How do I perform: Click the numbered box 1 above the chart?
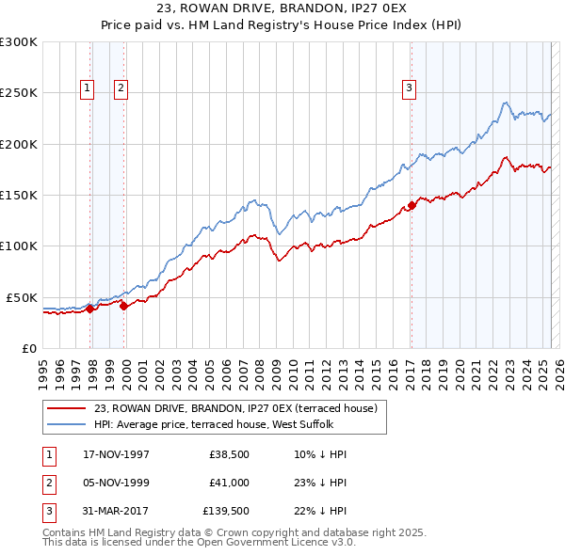87,89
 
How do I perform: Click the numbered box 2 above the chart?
121,89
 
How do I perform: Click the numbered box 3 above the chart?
410,89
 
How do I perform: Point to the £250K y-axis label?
19,93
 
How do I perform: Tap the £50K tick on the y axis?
22,297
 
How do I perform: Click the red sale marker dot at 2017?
412,206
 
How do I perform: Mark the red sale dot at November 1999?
124,306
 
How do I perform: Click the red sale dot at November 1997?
90,309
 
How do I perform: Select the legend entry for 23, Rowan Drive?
235,408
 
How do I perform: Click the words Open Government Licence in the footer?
273,543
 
